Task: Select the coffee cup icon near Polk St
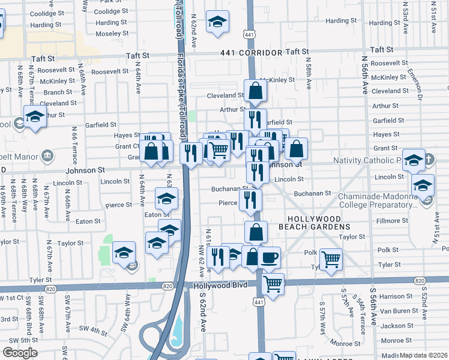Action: coord(269,257)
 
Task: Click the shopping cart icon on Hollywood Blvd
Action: coord(273,283)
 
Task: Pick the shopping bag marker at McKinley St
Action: coord(256,91)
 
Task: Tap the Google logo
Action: coord(19,353)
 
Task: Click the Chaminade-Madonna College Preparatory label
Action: coord(375,200)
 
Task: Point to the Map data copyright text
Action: coord(424,355)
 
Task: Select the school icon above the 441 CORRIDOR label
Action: coord(217,22)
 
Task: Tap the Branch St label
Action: coord(58,92)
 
